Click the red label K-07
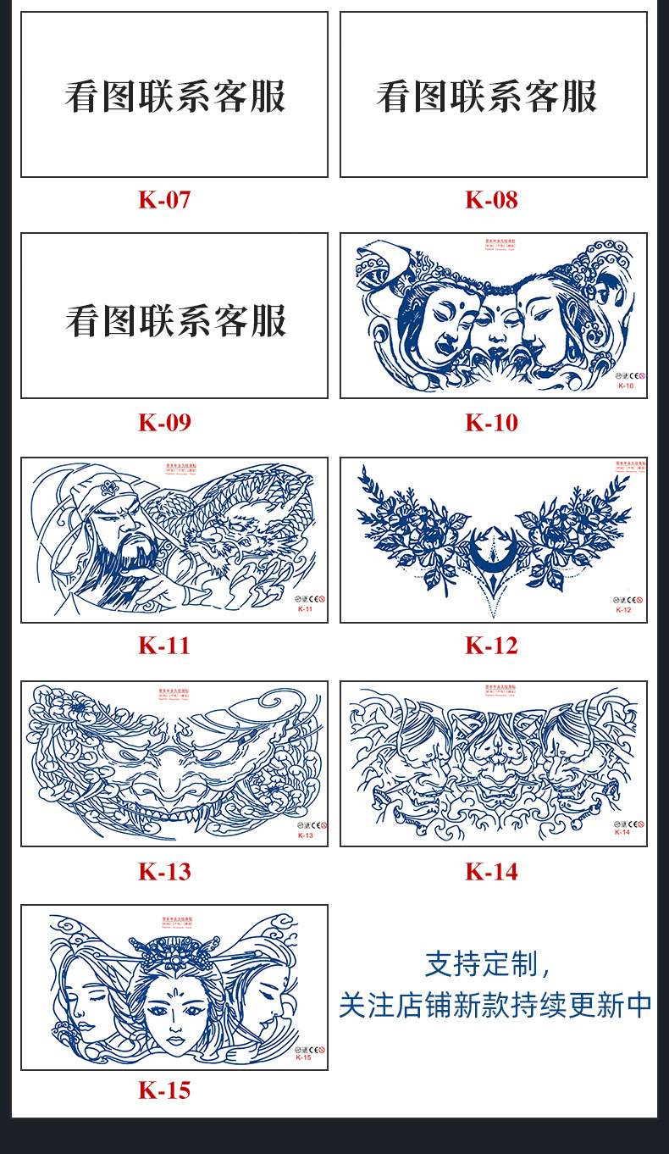165,200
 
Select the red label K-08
491,200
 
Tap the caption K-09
165,422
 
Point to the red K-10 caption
491,422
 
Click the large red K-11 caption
165,646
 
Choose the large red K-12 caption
491,646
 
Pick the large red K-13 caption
165,871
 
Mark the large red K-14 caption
491,871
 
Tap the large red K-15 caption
165,1090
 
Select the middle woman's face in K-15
175,1013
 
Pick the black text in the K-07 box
175,97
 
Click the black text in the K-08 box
487,97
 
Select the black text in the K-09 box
175,320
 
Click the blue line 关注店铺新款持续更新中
495,1006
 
